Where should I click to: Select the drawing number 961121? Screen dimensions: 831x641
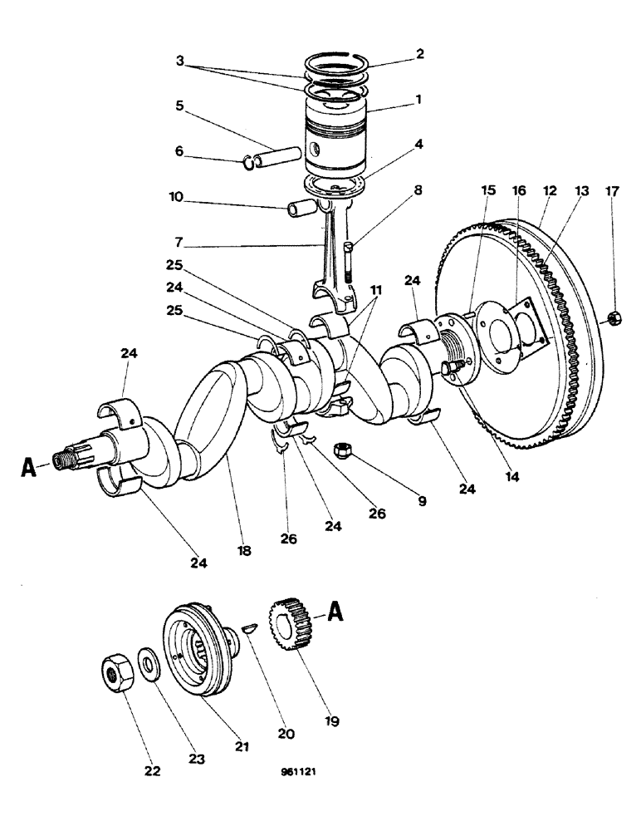(299, 771)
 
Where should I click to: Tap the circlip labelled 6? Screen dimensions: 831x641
(249, 163)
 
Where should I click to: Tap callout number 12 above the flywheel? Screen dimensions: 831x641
(550, 191)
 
